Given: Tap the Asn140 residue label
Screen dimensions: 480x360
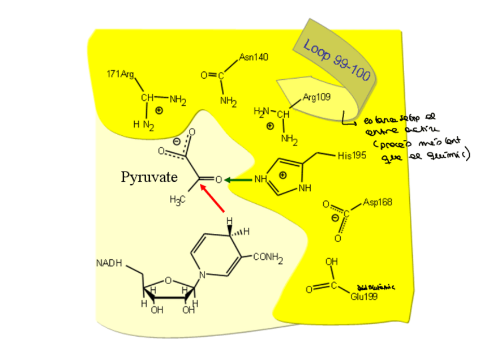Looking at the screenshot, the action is tap(253, 57).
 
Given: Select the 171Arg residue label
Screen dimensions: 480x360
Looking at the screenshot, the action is tap(120, 74).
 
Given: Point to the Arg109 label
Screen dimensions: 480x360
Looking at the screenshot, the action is tap(316, 97).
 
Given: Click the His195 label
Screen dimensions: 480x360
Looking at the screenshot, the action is tap(352, 157).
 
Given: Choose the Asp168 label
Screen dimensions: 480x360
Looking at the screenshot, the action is tap(378, 202).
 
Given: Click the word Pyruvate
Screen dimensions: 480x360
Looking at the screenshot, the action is tap(149, 177).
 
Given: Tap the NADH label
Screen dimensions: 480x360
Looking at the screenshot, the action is tap(109, 263).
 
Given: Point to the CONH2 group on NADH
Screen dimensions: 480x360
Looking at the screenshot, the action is tap(268, 258).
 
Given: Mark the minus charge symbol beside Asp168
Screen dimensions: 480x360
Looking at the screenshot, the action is tap(335, 218).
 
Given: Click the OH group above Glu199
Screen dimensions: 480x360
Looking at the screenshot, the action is tap(332, 262).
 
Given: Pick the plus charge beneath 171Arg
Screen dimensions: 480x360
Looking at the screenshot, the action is tap(159, 110).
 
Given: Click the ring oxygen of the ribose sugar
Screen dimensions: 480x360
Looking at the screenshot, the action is tap(168, 278).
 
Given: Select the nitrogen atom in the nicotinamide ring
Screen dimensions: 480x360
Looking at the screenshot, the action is tap(203, 276).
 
